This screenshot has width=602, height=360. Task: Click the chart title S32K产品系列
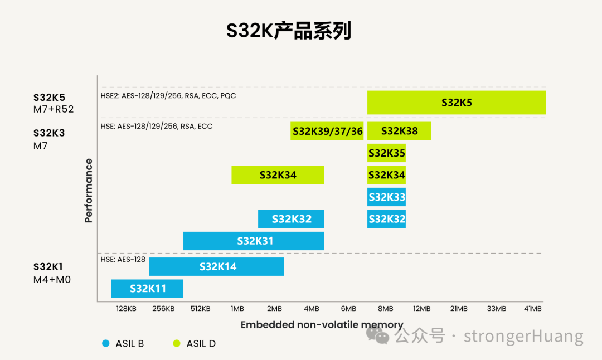tap(289, 31)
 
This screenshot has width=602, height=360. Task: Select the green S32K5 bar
tap(456, 103)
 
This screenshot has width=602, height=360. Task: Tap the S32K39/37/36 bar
tap(327, 131)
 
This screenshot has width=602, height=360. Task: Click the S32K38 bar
tap(399, 131)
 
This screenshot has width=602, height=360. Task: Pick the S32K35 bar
tap(386, 153)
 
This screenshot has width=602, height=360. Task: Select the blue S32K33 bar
tap(386, 197)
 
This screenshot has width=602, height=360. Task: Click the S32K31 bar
tap(254, 241)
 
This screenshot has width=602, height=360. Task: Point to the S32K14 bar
tap(217, 266)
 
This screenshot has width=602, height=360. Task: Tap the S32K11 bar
tap(147, 289)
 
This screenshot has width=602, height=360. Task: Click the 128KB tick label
tap(127, 309)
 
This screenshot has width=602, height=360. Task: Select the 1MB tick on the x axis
tap(237, 309)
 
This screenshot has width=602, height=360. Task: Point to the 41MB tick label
tap(533, 309)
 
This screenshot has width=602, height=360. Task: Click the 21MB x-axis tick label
tap(459, 309)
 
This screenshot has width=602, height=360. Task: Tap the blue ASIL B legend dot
tap(106, 344)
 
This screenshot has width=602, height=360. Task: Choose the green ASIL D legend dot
tap(177, 344)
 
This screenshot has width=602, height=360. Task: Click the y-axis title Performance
tap(89, 191)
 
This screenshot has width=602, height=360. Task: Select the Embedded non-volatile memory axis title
tap(322, 325)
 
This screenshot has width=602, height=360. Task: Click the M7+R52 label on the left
tap(54, 109)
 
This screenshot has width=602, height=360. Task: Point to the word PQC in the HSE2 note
tap(227, 96)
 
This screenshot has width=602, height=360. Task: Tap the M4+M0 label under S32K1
tap(52, 279)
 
